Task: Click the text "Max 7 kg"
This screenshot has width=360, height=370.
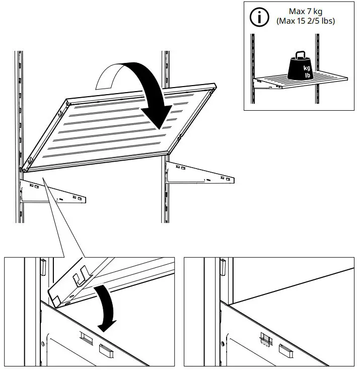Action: [x=305, y=11]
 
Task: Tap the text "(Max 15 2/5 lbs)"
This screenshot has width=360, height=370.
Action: [x=305, y=21]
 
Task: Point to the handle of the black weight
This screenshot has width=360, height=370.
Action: [x=301, y=55]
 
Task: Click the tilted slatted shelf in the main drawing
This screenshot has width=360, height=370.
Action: [x=121, y=126]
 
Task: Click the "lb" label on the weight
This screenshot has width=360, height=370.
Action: [x=307, y=75]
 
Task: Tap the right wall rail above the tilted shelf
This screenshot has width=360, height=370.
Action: [x=166, y=65]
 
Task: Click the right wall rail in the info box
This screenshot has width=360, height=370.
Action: [x=318, y=50]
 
